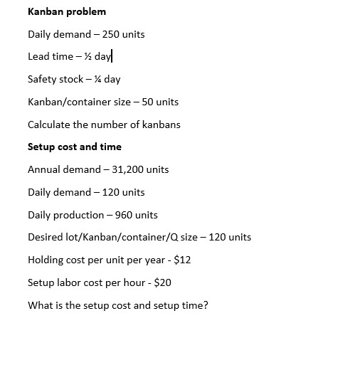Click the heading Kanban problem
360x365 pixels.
pos(67,12)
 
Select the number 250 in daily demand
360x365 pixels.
pos(103,34)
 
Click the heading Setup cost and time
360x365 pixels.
pos(75,147)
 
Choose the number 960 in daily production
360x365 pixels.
pos(124,215)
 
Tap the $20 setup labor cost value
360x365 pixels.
pos(163,282)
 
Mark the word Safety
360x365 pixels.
pos(43,80)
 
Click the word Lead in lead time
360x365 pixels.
pos(38,57)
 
